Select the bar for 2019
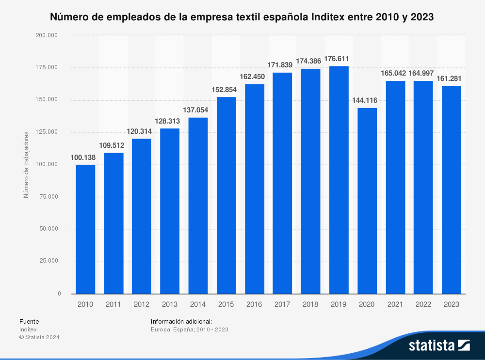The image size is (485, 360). (x=339, y=180)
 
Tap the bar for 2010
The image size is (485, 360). (x=85, y=229)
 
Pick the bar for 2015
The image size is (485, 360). (x=226, y=195)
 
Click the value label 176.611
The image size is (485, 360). (x=339, y=59)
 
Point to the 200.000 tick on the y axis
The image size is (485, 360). (x=48, y=35)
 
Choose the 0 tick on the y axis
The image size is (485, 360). (x=59, y=294)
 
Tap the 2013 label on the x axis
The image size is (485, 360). (x=170, y=304)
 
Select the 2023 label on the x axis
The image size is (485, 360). (x=452, y=304)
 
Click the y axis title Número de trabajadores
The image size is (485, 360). (x=27, y=164)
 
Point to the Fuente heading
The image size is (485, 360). (x=29, y=321)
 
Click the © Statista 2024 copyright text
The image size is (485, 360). (x=39, y=337)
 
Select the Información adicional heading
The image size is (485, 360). (x=181, y=321)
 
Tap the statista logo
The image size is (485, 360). (x=439, y=345)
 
